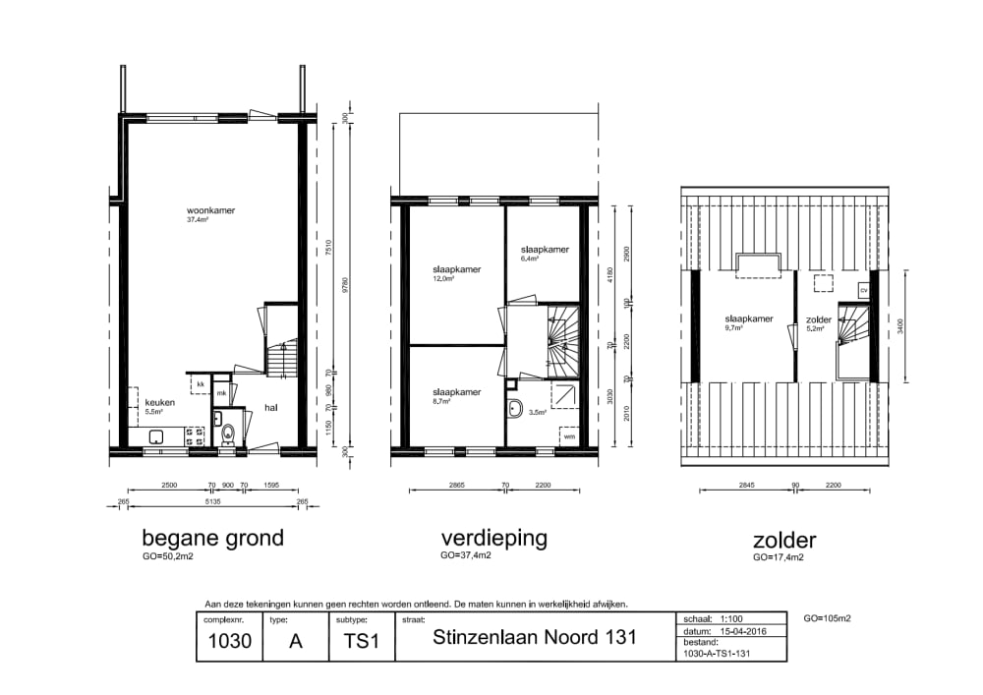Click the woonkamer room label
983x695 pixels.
[211, 210]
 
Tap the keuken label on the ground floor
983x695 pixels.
[159, 403]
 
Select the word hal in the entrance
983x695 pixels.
[271, 408]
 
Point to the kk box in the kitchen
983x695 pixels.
[201, 383]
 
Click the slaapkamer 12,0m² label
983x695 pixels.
[456, 269]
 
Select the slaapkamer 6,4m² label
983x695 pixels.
[545, 250]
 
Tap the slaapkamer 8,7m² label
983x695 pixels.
[456, 392]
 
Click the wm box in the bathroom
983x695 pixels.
[569, 435]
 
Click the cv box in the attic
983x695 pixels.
[863, 290]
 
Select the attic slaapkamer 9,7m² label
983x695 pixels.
[749, 319]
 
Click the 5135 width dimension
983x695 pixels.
[213, 501]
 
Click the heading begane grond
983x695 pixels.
[212, 539]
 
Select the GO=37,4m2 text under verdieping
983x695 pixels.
[466, 555]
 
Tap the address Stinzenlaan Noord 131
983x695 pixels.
[535, 637]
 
